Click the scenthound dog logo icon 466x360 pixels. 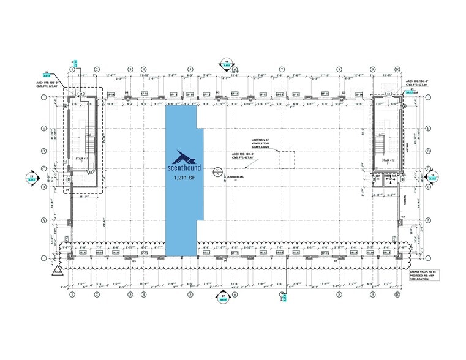[181, 156]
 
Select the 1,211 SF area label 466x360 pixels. [181, 179]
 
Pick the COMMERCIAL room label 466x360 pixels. [235, 177]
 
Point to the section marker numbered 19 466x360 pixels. [227, 63]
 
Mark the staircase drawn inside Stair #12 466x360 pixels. [381, 143]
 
